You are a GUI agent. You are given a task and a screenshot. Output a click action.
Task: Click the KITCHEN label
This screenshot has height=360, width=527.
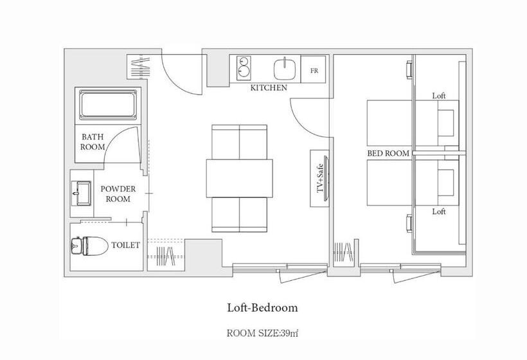pyautogui.click(x=269, y=87)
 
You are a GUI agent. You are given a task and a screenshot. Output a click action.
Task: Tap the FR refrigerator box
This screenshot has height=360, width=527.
pyautogui.click(x=313, y=69)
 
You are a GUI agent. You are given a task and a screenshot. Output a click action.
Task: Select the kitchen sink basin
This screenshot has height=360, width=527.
pyautogui.click(x=285, y=69)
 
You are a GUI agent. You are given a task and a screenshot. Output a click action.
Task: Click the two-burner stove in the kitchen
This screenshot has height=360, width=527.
pyautogui.click(x=244, y=68)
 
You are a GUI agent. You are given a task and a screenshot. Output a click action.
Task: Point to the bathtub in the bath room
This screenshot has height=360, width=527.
pyautogui.click(x=108, y=105)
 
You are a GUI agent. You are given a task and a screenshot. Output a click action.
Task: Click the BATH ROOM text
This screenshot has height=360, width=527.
pyautogui.click(x=93, y=142)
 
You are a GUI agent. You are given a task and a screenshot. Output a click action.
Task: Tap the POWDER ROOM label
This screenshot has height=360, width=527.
pyautogui.click(x=118, y=194)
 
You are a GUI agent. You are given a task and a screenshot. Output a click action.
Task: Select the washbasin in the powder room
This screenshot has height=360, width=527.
pyautogui.click(x=82, y=194)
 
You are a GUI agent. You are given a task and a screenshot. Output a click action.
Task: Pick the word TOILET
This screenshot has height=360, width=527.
pyautogui.click(x=125, y=245)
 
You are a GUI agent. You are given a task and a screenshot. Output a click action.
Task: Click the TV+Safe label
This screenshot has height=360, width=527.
pyautogui.click(x=319, y=178)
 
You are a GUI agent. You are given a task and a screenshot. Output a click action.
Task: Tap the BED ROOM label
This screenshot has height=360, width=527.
pyautogui.click(x=388, y=153)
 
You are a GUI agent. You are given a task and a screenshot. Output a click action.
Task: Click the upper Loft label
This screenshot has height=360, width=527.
pyautogui.click(x=439, y=96)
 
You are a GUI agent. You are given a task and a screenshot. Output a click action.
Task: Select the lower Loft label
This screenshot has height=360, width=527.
pyautogui.click(x=439, y=212)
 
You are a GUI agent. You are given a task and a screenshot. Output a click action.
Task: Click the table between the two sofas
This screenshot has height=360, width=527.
pyautogui.click(x=239, y=178)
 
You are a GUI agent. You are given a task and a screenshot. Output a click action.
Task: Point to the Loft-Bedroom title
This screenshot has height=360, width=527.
pyautogui.click(x=262, y=308)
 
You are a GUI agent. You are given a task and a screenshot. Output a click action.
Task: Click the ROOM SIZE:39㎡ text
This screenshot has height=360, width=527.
pyautogui.click(x=262, y=334)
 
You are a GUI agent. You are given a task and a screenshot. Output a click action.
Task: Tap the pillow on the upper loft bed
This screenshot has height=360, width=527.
pyautogui.click(x=446, y=123)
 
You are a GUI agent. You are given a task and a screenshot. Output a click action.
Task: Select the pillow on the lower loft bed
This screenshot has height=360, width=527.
pyautogui.click(x=446, y=183)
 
